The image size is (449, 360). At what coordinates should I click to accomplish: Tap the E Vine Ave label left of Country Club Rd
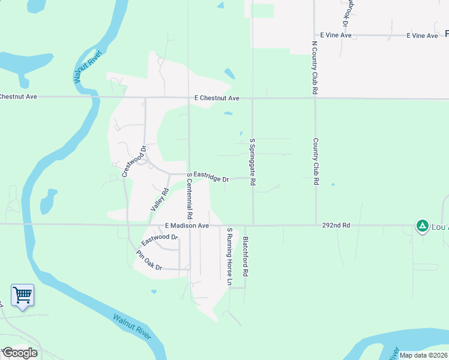click(x=336, y=35)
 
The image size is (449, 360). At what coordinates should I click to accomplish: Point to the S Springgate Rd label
click(x=253, y=161)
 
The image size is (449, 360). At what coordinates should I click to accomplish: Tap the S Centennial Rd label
click(x=189, y=196)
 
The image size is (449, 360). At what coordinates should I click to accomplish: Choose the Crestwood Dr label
click(x=134, y=161)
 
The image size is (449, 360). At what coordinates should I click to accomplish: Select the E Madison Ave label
click(x=187, y=226)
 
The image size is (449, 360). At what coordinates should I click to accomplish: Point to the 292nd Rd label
click(x=336, y=226)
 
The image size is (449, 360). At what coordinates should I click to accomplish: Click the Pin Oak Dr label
click(x=149, y=260)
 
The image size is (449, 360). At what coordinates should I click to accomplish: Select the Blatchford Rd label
click(x=245, y=256)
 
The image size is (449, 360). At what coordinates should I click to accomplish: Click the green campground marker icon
click(x=422, y=226)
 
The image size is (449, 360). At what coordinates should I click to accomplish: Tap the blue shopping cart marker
click(x=22, y=295)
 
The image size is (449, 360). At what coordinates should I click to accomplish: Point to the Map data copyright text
click(x=423, y=355)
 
